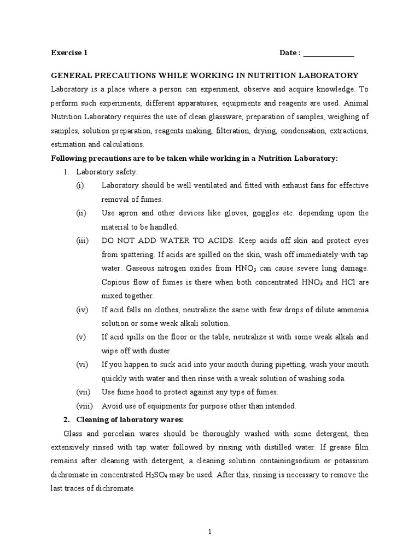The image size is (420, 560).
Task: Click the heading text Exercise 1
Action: tap(69, 53)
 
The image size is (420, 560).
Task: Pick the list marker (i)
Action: tap(80, 185)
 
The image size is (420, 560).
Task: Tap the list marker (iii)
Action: tap(82, 241)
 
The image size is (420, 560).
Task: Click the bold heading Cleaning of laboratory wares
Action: tap(130, 419)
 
